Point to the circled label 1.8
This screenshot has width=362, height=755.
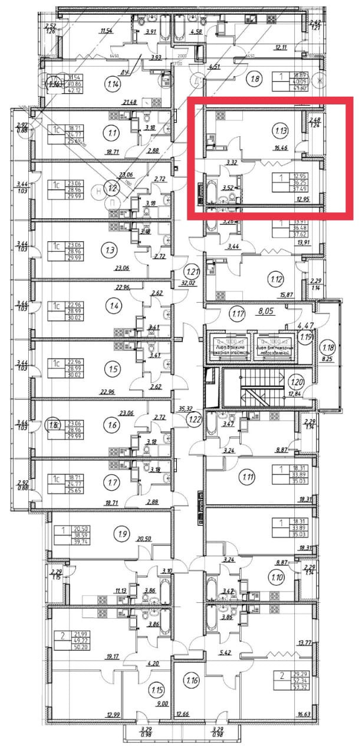(x=255, y=78)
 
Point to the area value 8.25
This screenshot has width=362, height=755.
(x=328, y=357)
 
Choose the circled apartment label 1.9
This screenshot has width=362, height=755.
(x=122, y=535)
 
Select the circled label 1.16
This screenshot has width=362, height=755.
(x=191, y=681)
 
